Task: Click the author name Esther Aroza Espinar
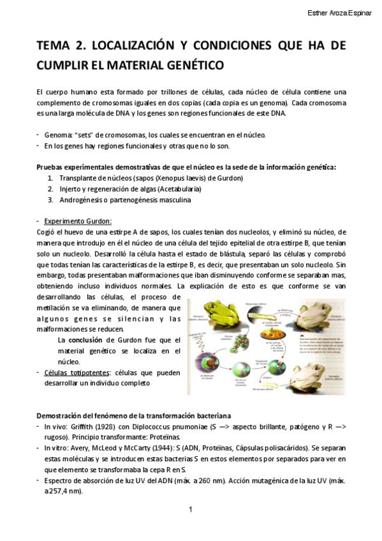tap(339, 13)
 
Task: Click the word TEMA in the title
tap(54, 46)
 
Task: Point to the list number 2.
tap(50, 189)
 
